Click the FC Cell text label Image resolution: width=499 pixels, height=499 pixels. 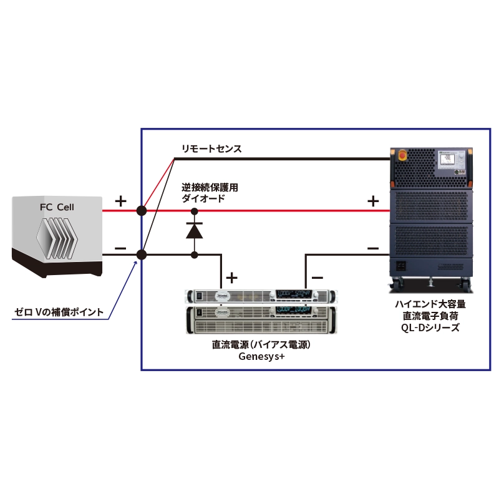coord(56,206)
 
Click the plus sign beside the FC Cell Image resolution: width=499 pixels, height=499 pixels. coord(121,201)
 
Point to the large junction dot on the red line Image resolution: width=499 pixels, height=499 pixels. coord(142,211)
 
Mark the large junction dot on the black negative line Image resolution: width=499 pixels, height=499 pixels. coord(142,254)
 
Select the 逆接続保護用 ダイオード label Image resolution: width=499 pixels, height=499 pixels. coord(210,192)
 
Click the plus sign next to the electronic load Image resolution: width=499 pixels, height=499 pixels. coord(372,201)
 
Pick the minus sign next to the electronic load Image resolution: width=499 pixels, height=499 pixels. coord(372,248)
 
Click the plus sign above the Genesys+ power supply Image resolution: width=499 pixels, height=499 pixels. coord(232,276)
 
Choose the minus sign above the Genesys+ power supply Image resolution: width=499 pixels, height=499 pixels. coord(317,276)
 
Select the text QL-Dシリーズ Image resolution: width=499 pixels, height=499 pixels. coord(430,327)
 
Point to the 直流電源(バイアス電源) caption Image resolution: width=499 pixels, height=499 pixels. coord(261,345)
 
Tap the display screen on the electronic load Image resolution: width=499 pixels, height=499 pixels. coord(446,158)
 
